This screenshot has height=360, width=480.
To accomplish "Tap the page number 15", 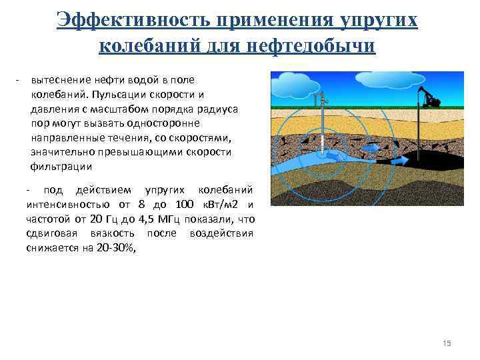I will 447,343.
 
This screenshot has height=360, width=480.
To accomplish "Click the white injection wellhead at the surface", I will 322,99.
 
